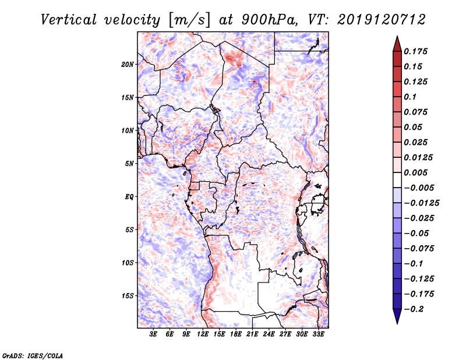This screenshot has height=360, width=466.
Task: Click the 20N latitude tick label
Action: pyautogui.click(x=128, y=64)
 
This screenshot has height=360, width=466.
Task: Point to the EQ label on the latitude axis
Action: pyautogui.click(x=129, y=197)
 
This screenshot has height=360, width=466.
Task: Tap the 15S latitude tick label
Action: pyautogui.click(x=128, y=296)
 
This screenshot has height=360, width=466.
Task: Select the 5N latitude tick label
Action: pyautogui.click(x=129, y=164)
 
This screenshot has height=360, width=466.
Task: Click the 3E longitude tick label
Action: pyautogui.click(x=154, y=335)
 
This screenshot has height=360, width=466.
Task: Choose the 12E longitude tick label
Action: pyautogui.click(x=203, y=335)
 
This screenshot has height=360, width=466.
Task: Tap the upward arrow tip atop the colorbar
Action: pyautogui.click(x=397, y=38)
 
